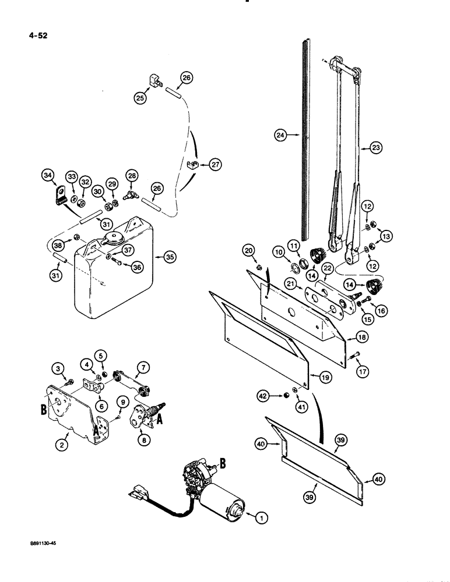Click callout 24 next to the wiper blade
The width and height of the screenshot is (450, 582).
282,136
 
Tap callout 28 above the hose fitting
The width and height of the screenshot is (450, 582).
132,176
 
